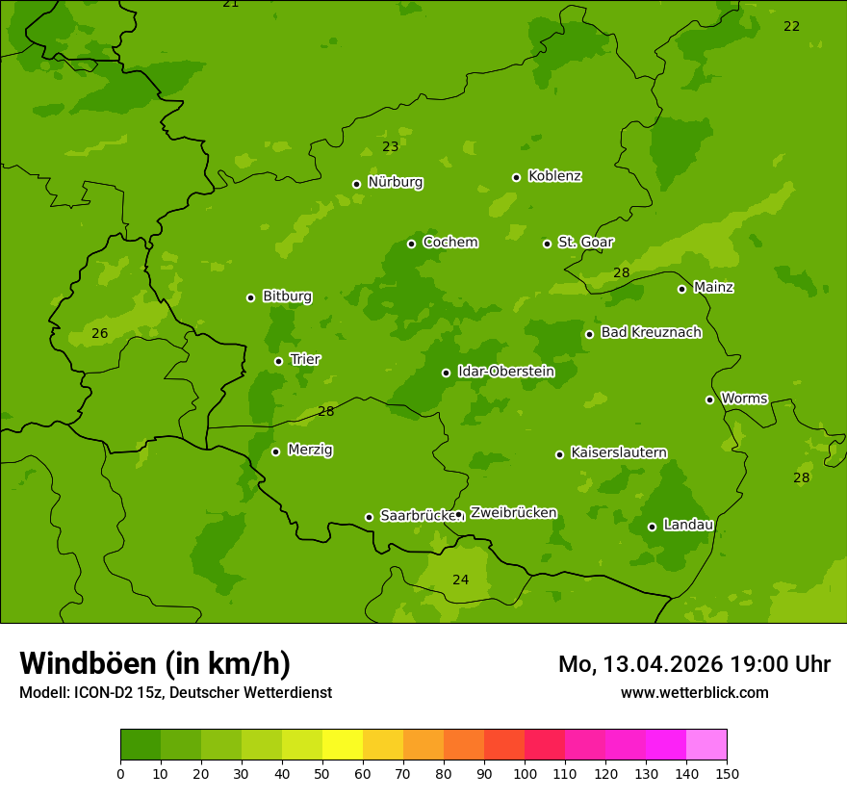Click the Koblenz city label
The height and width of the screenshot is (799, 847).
click(x=554, y=176)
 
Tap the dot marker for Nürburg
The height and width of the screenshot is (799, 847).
click(x=356, y=184)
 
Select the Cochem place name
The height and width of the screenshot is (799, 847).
click(x=449, y=242)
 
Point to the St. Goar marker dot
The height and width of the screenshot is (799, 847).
click(x=547, y=244)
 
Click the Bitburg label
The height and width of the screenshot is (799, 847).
click(x=287, y=296)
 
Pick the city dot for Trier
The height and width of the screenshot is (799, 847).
click(x=278, y=361)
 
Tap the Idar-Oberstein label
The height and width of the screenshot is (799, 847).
click(x=505, y=372)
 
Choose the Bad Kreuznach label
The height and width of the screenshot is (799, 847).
click(x=651, y=332)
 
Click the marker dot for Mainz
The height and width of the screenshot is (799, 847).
click(x=681, y=289)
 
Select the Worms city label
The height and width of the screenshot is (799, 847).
click(x=744, y=398)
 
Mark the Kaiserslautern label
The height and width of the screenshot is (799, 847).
click(x=619, y=452)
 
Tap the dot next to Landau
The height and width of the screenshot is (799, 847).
click(x=652, y=527)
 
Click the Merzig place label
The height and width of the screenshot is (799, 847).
click(x=310, y=450)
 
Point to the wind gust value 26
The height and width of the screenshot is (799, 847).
click(x=99, y=334)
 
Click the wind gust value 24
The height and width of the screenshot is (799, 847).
click(x=461, y=580)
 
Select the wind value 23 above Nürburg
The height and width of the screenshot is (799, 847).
click(x=390, y=147)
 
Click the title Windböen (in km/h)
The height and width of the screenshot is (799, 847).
click(x=155, y=663)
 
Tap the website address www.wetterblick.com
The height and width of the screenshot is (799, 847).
click(x=694, y=692)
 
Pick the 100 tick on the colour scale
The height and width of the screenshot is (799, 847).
click(x=525, y=773)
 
